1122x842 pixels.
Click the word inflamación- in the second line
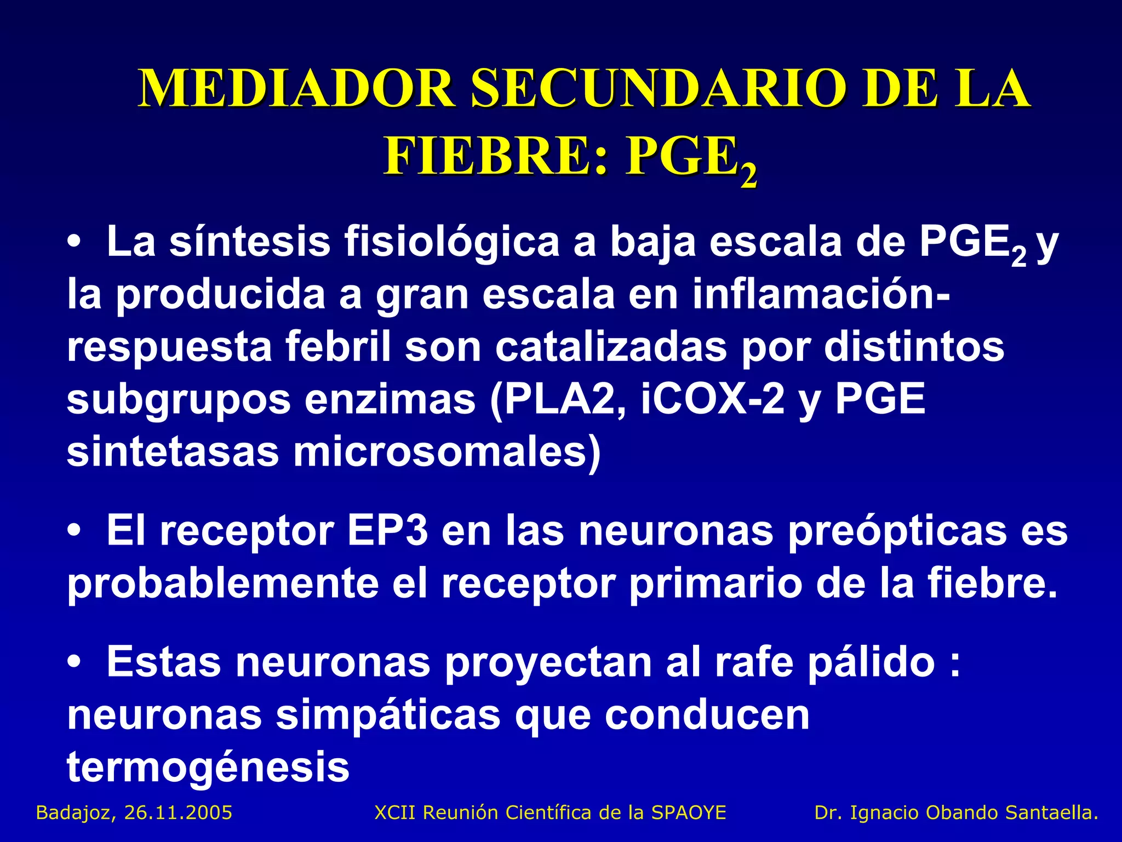[x=822, y=294]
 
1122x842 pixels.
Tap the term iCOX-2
[x=712, y=399]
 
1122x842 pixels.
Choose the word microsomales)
[x=447, y=452]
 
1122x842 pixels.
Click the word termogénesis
[x=208, y=767]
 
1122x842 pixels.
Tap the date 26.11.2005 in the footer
[x=179, y=812]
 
